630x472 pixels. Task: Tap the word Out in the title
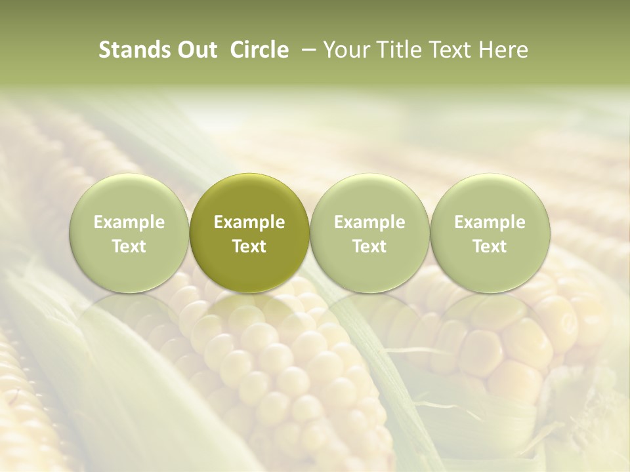(196, 50)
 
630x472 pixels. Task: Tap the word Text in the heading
(452, 50)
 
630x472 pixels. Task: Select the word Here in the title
(503, 50)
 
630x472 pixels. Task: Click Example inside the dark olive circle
(249, 222)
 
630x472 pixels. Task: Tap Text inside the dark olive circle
(249, 246)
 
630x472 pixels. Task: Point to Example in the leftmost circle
(129, 222)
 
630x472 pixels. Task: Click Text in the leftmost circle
(129, 246)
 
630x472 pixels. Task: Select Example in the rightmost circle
(490, 222)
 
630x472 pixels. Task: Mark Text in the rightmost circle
(490, 246)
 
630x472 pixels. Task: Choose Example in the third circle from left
(369, 222)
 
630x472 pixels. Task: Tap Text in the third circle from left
(369, 246)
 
